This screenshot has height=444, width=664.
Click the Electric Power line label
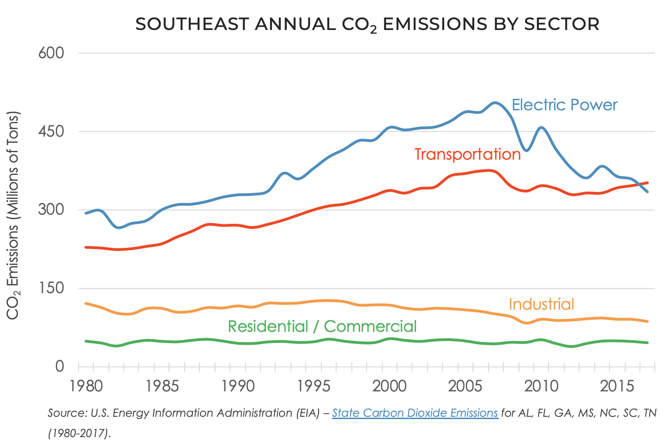pyautogui.click(x=564, y=105)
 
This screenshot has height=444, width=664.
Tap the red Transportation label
pyautogui.click(x=467, y=154)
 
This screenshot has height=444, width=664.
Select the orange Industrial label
pyautogui.click(x=541, y=304)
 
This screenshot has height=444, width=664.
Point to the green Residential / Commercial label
pyautogui.click(x=322, y=326)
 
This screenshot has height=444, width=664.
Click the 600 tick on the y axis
pyautogui.click(x=51, y=53)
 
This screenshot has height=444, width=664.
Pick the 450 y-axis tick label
pyautogui.click(x=51, y=132)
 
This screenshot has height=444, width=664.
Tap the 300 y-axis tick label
pyautogui.click(x=51, y=210)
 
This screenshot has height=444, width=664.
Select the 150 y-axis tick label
pyautogui.click(x=51, y=288)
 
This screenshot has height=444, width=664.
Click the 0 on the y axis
pyautogui.click(x=59, y=366)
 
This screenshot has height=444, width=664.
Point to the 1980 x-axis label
pyautogui.click(x=86, y=386)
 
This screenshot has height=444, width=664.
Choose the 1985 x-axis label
pyautogui.click(x=162, y=386)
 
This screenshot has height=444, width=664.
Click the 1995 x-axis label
pyautogui.click(x=314, y=386)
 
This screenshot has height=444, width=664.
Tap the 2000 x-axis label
pyautogui.click(x=390, y=386)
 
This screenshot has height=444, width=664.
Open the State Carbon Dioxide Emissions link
pyautogui.click(x=415, y=413)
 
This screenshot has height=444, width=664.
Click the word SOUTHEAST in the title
pyautogui.click(x=192, y=24)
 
